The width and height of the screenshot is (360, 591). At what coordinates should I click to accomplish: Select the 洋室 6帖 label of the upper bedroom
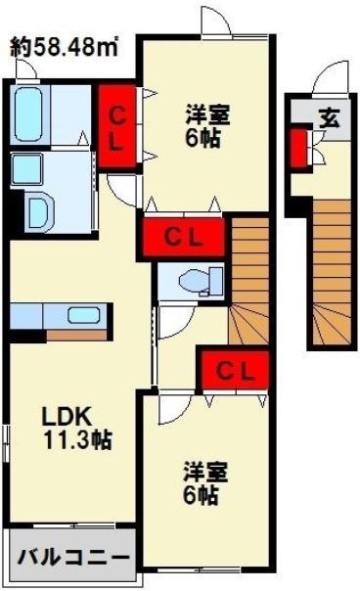tap(204, 124)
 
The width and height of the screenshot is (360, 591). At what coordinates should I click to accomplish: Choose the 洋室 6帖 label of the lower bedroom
tap(205, 483)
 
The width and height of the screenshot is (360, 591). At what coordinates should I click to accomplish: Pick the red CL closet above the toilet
tap(184, 236)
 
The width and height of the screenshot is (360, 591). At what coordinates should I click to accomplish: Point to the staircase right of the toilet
tap(249, 279)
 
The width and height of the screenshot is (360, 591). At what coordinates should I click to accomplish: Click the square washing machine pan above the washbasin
tap(23, 169)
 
